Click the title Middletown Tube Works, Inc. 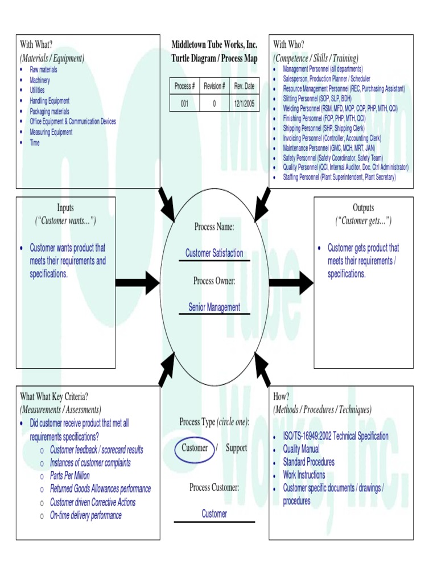[x=215, y=44]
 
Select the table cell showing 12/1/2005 [x=244, y=104]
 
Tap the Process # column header [x=184, y=86]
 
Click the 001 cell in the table [x=184, y=104]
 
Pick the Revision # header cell [x=214, y=86]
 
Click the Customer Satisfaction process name [x=214, y=253]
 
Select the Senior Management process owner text [x=214, y=307]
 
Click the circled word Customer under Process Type [x=195, y=448]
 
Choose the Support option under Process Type [x=236, y=448]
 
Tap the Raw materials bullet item [x=43, y=69]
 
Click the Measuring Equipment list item [x=51, y=132]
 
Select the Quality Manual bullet [x=301, y=449]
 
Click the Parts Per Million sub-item [x=69, y=476]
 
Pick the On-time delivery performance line [x=85, y=516]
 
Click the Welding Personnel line [x=340, y=108]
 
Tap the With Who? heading [x=288, y=44]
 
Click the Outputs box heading [x=363, y=208]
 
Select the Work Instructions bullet [x=304, y=475]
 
